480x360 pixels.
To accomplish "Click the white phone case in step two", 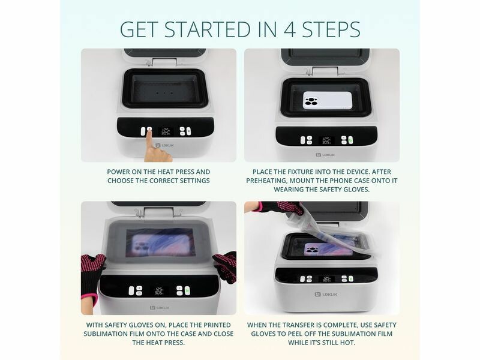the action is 328,100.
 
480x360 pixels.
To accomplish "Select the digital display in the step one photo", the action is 166,131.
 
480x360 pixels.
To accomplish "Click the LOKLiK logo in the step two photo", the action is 325,155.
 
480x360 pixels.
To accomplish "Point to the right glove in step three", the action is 226,266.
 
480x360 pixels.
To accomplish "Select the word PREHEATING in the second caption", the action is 266,181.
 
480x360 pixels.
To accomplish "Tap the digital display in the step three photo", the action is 159,291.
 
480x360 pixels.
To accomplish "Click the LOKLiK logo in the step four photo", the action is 326,295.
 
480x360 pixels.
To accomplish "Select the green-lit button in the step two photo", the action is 350,140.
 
